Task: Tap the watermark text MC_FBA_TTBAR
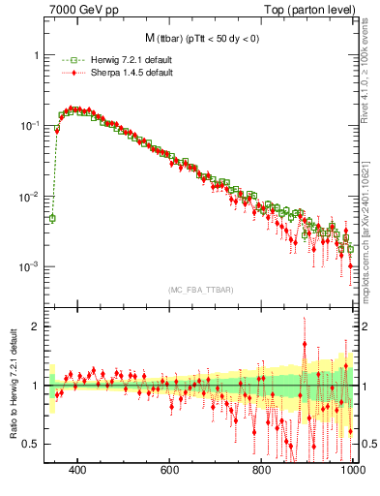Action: point(200,290)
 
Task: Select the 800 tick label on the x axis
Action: point(262,471)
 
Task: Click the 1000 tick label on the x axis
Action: point(351,471)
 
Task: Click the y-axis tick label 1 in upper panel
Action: point(36,55)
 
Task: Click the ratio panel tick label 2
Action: point(36,326)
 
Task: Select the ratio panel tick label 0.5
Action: point(32,444)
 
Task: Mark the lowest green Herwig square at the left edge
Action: point(52,218)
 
